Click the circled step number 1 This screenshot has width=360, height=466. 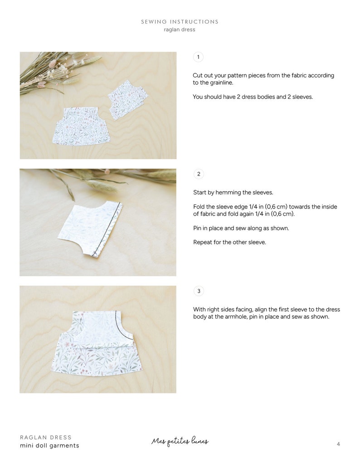198,57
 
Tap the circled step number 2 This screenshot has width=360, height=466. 199,174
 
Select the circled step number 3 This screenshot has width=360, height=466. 199,291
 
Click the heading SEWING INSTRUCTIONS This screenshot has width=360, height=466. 180,22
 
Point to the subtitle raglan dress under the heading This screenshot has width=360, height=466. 180,29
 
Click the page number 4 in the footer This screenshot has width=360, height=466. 338,444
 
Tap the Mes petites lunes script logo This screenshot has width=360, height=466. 180,442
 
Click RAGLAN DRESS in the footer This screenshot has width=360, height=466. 46,437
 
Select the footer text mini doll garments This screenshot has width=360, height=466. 49,446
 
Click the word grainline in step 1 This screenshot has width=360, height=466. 221,83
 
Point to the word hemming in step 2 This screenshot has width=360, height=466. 229,193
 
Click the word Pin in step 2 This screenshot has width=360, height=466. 197,228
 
